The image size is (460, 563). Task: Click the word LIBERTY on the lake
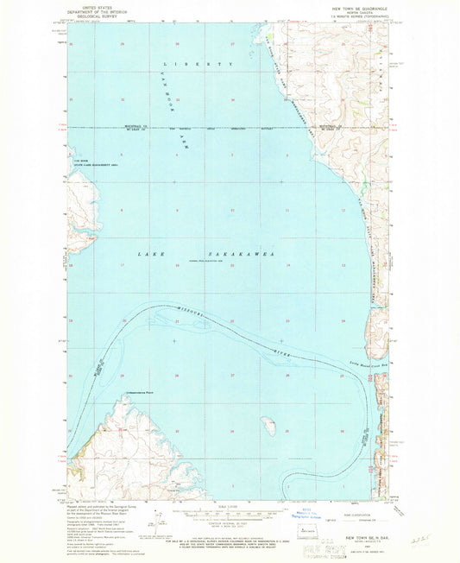click(199, 65)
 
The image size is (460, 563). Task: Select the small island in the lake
click(269, 425)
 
